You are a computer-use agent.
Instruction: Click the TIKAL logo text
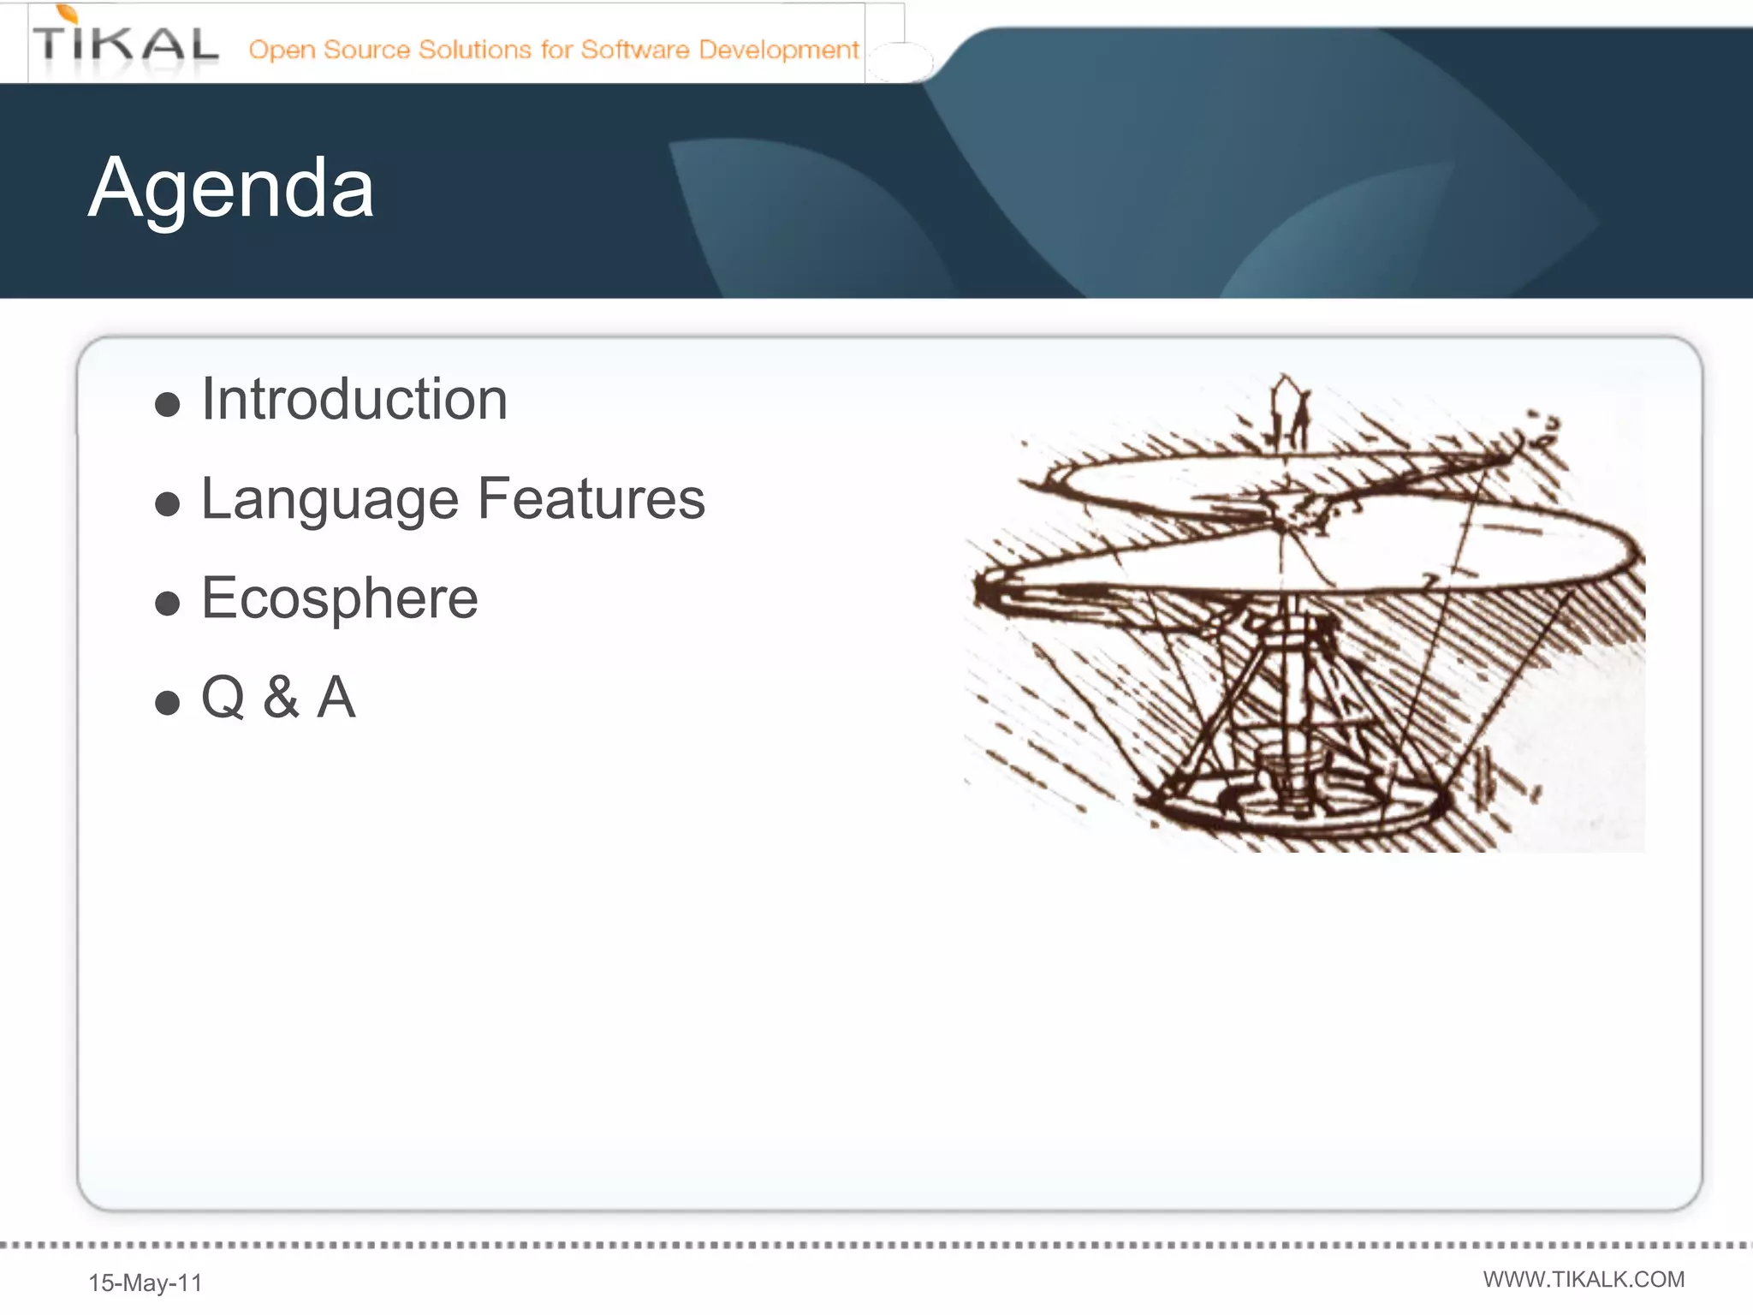pyautogui.click(x=125, y=45)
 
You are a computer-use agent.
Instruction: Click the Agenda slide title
pyautogui.click(x=231, y=188)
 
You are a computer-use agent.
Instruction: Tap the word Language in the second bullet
pyautogui.click(x=330, y=499)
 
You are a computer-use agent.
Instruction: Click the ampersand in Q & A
pyautogui.click(x=281, y=697)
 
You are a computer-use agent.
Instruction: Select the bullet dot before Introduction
pyautogui.click(x=168, y=404)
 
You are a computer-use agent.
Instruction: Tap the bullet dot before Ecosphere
pyautogui.click(x=168, y=604)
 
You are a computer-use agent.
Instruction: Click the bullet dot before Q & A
pyautogui.click(x=168, y=703)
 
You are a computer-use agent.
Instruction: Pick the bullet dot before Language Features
pyautogui.click(x=168, y=503)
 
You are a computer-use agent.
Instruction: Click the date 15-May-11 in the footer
pyautogui.click(x=146, y=1282)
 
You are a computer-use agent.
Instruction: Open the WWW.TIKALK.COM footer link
pyautogui.click(x=1584, y=1279)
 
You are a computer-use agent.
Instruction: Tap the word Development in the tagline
pyautogui.click(x=778, y=50)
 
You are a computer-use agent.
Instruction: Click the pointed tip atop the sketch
pyautogui.click(x=1283, y=381)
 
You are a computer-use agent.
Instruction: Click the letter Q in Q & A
pyautogui.click(x=223, y=697)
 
